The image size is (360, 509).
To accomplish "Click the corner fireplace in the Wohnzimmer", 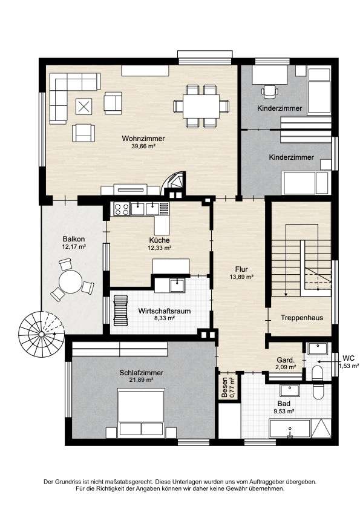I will point(176,181).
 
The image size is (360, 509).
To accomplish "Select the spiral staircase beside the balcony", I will point(41,332).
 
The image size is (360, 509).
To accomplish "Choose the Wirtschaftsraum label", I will point(156,310).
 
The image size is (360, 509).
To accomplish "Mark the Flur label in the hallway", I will point(241,269).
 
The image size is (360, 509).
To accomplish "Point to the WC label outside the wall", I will point(349,358).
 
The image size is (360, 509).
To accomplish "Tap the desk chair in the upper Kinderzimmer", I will point(270,90).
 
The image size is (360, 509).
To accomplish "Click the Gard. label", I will point(286,360).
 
